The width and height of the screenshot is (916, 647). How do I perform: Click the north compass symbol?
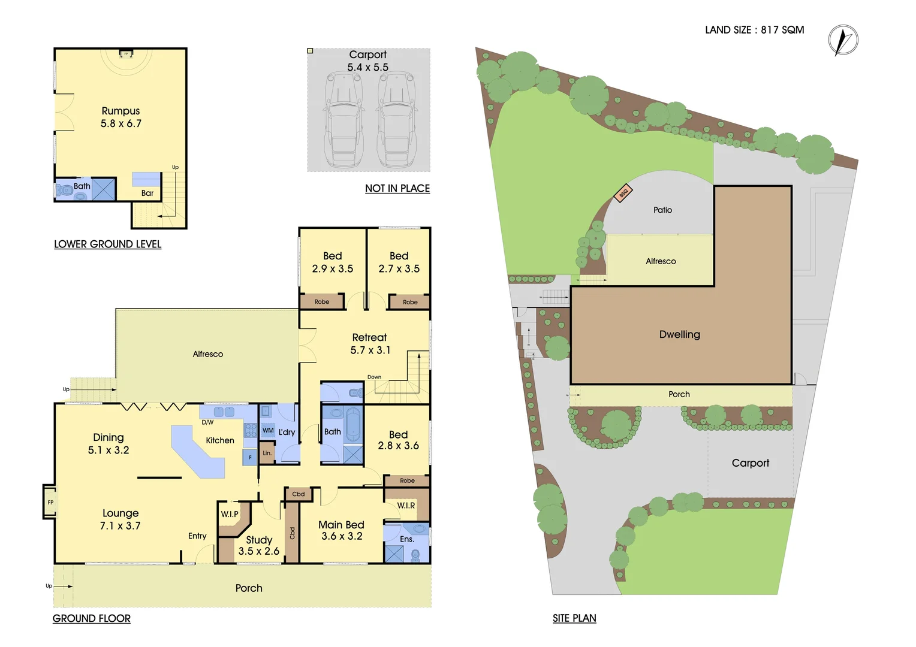click(x=843, y=41)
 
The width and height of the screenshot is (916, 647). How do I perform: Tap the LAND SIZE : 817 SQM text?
click(x=754, y=30)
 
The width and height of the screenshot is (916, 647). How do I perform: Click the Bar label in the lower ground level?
click(x=147, y=193)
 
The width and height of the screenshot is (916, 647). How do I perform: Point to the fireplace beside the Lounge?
click(x=50, y=502)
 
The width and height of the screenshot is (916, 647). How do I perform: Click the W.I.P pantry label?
click(x=230, y=514)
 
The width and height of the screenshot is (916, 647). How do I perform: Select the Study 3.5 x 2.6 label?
click(x=259, y=545)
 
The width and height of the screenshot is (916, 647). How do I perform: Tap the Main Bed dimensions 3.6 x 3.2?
click(x=342, y=536)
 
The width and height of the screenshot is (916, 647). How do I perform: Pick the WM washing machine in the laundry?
click(x=268, y=430)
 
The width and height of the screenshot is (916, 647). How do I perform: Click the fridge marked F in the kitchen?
click(x=250, y=458)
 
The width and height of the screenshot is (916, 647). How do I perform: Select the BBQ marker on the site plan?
click(x=623, y=193)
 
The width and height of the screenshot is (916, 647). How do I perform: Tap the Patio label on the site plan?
click(x=662, y=210)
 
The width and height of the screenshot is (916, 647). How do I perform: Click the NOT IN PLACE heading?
click(x=397, y=188)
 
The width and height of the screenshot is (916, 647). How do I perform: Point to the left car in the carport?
click(x=344, y=120)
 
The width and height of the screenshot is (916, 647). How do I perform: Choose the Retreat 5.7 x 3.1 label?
click(x=370, y=344)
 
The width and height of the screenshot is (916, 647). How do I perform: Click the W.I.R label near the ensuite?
click(x=406, y=506)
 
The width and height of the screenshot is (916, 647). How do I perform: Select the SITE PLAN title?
click(x=574, y=618)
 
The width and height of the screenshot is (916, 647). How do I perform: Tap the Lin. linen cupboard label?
click(x=267, y=453)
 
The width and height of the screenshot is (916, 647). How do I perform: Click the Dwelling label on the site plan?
click(x=679, y=334)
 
